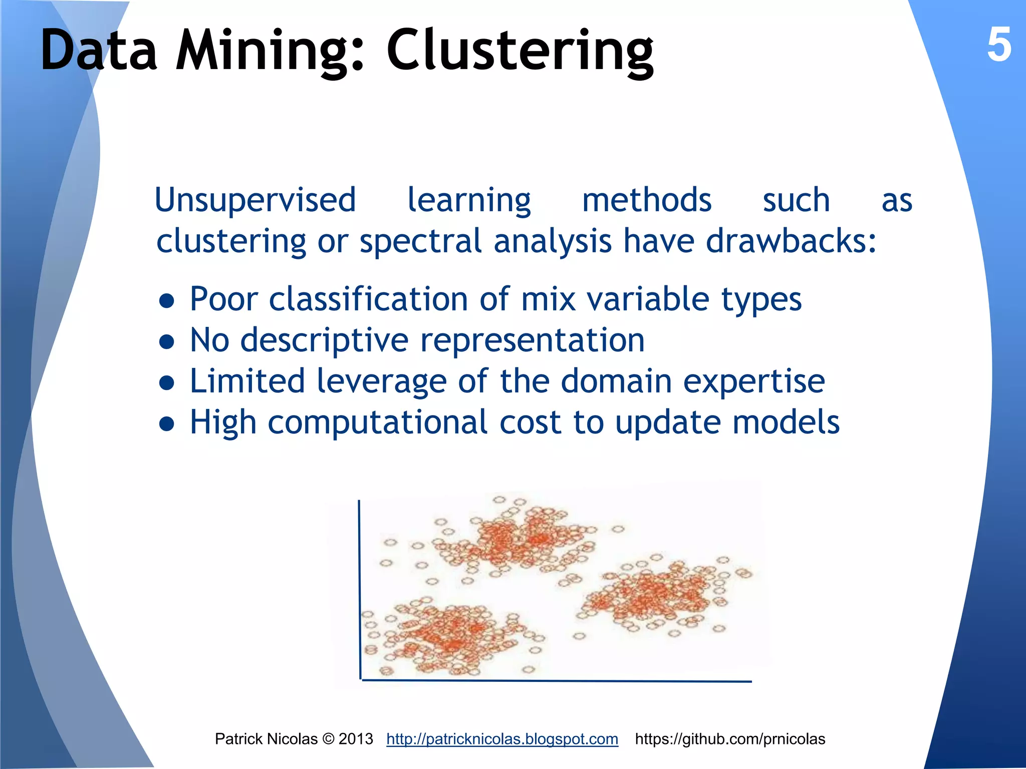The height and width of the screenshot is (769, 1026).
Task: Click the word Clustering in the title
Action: coord(520,51)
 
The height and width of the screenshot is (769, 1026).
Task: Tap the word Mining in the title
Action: coord(271,51)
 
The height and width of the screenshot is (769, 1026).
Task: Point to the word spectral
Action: coord(421,241)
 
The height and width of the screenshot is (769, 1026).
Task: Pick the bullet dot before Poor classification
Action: coord(166,301)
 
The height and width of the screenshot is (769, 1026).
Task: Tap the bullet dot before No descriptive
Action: coord(166,342)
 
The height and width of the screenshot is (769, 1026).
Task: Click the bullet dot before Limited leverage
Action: coord(166,383)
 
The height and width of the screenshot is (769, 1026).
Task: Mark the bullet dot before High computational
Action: coord(166,425)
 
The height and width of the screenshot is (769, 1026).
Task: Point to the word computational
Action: coord(378,424)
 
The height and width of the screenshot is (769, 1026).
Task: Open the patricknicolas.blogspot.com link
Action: coord(502,739)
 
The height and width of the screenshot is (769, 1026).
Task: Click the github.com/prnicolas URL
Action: coord(730,739)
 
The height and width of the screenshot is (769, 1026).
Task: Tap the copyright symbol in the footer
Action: coord(328,739)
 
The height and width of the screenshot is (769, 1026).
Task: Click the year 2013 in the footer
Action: coord(356,739)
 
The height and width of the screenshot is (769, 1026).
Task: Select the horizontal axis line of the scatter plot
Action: coord(556,681)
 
